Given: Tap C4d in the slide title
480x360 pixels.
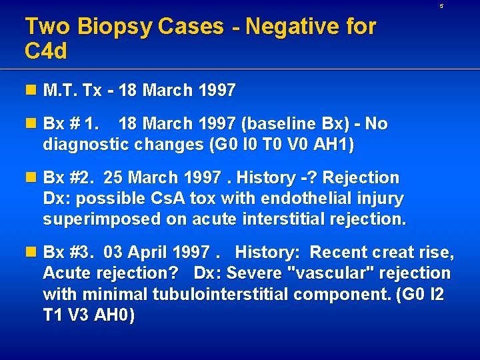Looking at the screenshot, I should click(x=46, y=51).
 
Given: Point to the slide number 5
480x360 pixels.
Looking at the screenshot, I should click(x=459, y=6).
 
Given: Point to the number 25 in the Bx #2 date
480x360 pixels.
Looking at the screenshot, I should click(x=114, y=178).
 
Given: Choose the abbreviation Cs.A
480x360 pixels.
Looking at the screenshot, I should click(x=170, y=199).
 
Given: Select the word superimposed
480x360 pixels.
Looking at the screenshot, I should click(x=93, y=219).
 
